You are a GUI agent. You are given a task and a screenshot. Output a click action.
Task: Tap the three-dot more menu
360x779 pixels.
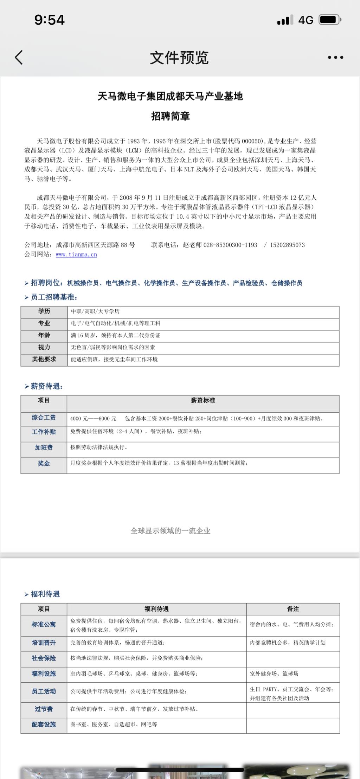335,57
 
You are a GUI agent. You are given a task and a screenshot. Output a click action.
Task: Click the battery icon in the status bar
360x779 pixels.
329,20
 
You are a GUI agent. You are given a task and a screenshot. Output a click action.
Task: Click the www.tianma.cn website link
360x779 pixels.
76,255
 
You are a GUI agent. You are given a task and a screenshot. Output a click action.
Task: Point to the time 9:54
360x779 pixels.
50,20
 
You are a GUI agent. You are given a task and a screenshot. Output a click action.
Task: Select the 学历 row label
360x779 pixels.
44,311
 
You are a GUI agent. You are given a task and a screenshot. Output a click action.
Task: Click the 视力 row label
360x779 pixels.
44,347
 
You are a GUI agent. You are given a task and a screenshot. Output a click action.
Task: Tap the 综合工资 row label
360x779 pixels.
44,418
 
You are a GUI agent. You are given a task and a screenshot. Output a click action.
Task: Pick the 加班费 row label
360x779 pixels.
44,448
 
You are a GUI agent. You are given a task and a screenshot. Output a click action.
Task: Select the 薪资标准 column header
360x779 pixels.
203,400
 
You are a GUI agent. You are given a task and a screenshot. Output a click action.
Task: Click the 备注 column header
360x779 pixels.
293,609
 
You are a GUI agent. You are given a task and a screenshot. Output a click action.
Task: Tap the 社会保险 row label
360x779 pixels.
44,658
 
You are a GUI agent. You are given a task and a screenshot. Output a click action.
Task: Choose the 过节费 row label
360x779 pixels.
44,709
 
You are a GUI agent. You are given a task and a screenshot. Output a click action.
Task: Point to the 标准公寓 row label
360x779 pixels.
44,624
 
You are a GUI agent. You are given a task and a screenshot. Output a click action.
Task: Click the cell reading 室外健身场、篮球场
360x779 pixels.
274,674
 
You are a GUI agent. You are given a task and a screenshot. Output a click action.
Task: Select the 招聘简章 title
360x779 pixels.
171,116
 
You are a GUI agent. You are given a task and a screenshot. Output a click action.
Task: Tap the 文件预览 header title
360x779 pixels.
179,58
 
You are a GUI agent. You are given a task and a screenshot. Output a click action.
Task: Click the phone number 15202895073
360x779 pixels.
287,245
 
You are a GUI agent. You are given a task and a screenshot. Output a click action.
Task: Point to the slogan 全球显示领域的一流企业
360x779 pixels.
171,531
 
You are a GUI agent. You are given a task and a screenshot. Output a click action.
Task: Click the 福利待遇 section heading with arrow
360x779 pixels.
42,594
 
